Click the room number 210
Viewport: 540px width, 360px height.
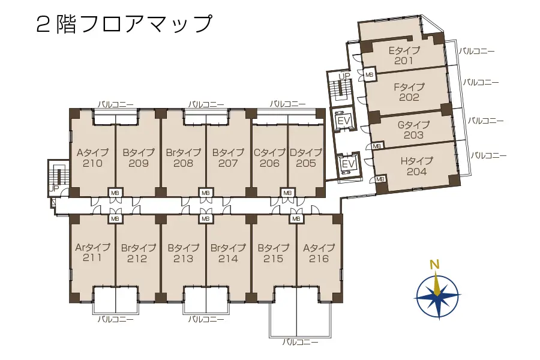[x=92, y=163]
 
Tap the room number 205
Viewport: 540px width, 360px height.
[x=306, y=163]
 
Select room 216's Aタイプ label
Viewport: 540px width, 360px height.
[x=319, y=248]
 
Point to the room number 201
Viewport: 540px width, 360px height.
[x=404, y=61]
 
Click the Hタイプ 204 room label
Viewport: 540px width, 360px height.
[x=416, y=166]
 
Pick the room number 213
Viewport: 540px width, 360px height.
[x=183, y=259]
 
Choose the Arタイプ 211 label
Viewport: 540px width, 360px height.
[x=92, y=252]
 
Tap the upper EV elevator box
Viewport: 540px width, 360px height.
[x=344, y=121]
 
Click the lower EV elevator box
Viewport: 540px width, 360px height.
[x=348, y=164]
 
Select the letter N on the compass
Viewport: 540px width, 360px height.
[x=434, y=265]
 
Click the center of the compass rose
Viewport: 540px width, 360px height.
[x=437, y=296]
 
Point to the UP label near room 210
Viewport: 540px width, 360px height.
[x=54, y=188]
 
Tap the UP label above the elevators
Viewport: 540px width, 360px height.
[x=344, y=76]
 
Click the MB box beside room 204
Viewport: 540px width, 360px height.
[x=380, y=179]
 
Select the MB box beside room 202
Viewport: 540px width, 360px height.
[x=369, y=75]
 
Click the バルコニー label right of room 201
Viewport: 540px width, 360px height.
[x=476, y=52]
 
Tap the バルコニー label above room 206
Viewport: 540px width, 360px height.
[x=287, y=104]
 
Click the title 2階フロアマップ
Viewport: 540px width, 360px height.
[x=124, y=24]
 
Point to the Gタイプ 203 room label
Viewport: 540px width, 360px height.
[x=413, y=130]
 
